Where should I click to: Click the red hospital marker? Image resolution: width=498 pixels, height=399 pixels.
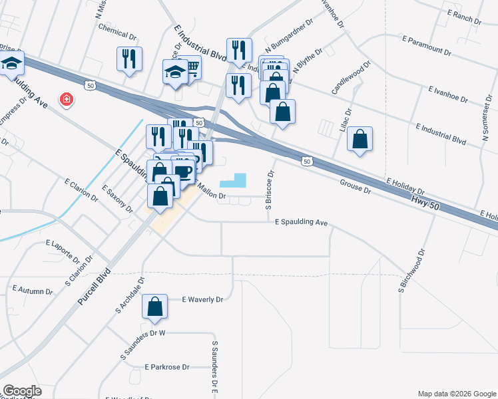point(67,100)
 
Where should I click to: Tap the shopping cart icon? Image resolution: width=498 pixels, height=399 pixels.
point(192,66)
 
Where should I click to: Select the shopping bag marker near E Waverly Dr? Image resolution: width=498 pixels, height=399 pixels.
point(155,307)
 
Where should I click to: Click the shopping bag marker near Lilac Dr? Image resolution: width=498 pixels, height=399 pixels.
point(360,140)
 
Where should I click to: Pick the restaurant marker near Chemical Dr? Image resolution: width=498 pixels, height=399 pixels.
point(129,59)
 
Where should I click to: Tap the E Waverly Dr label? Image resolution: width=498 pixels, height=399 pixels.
point(203,300)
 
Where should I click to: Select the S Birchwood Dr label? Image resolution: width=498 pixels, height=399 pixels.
point(411,271)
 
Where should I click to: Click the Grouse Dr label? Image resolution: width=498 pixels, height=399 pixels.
point(355,187)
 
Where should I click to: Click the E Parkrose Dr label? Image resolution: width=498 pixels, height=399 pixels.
point(167,366)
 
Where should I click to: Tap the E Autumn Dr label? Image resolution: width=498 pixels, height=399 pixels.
point(33,291)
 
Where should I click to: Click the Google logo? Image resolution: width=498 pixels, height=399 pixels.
point(22,391)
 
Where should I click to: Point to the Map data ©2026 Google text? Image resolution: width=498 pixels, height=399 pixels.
point(456,394)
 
